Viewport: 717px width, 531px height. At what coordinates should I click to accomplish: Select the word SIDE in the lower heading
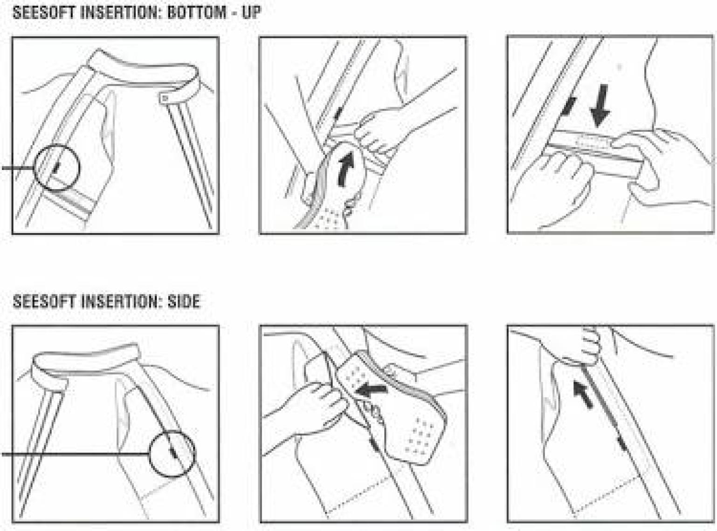pyautogui.click(x=184, y=301)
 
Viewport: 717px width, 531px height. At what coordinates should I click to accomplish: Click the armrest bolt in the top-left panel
pyautogui.click(x=165, y=98)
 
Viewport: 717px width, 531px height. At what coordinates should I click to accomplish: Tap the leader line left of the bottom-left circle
pyautogui.click(x=75, y=454)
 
